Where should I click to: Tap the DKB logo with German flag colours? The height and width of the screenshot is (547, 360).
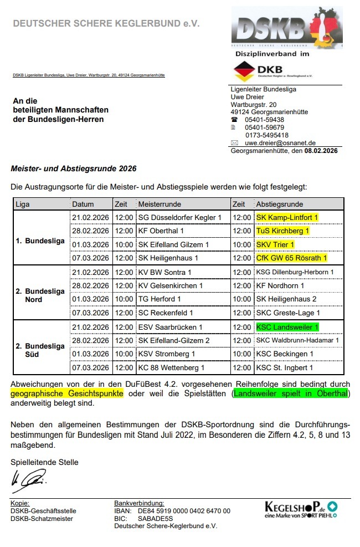click(x=273, y=71)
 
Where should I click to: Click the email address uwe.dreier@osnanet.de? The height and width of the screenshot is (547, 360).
click(x=280, y=142)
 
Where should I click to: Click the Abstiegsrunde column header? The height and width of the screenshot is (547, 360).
click(x=280, y=204)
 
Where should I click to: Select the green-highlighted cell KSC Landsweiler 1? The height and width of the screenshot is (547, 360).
click(x=287, y=327)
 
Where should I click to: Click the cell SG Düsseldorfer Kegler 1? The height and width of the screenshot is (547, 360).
click(x=179, y=217)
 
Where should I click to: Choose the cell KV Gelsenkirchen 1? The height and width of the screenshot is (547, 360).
click(x=170, y=285)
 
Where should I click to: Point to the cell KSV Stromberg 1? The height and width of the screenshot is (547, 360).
click(x=166, y=354)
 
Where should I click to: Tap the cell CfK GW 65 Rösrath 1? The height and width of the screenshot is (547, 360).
click(x=291, y=258)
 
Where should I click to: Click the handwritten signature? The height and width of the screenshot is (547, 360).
click(x=28, y=480)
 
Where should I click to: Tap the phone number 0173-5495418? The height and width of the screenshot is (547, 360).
click(x=266, y=135)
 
